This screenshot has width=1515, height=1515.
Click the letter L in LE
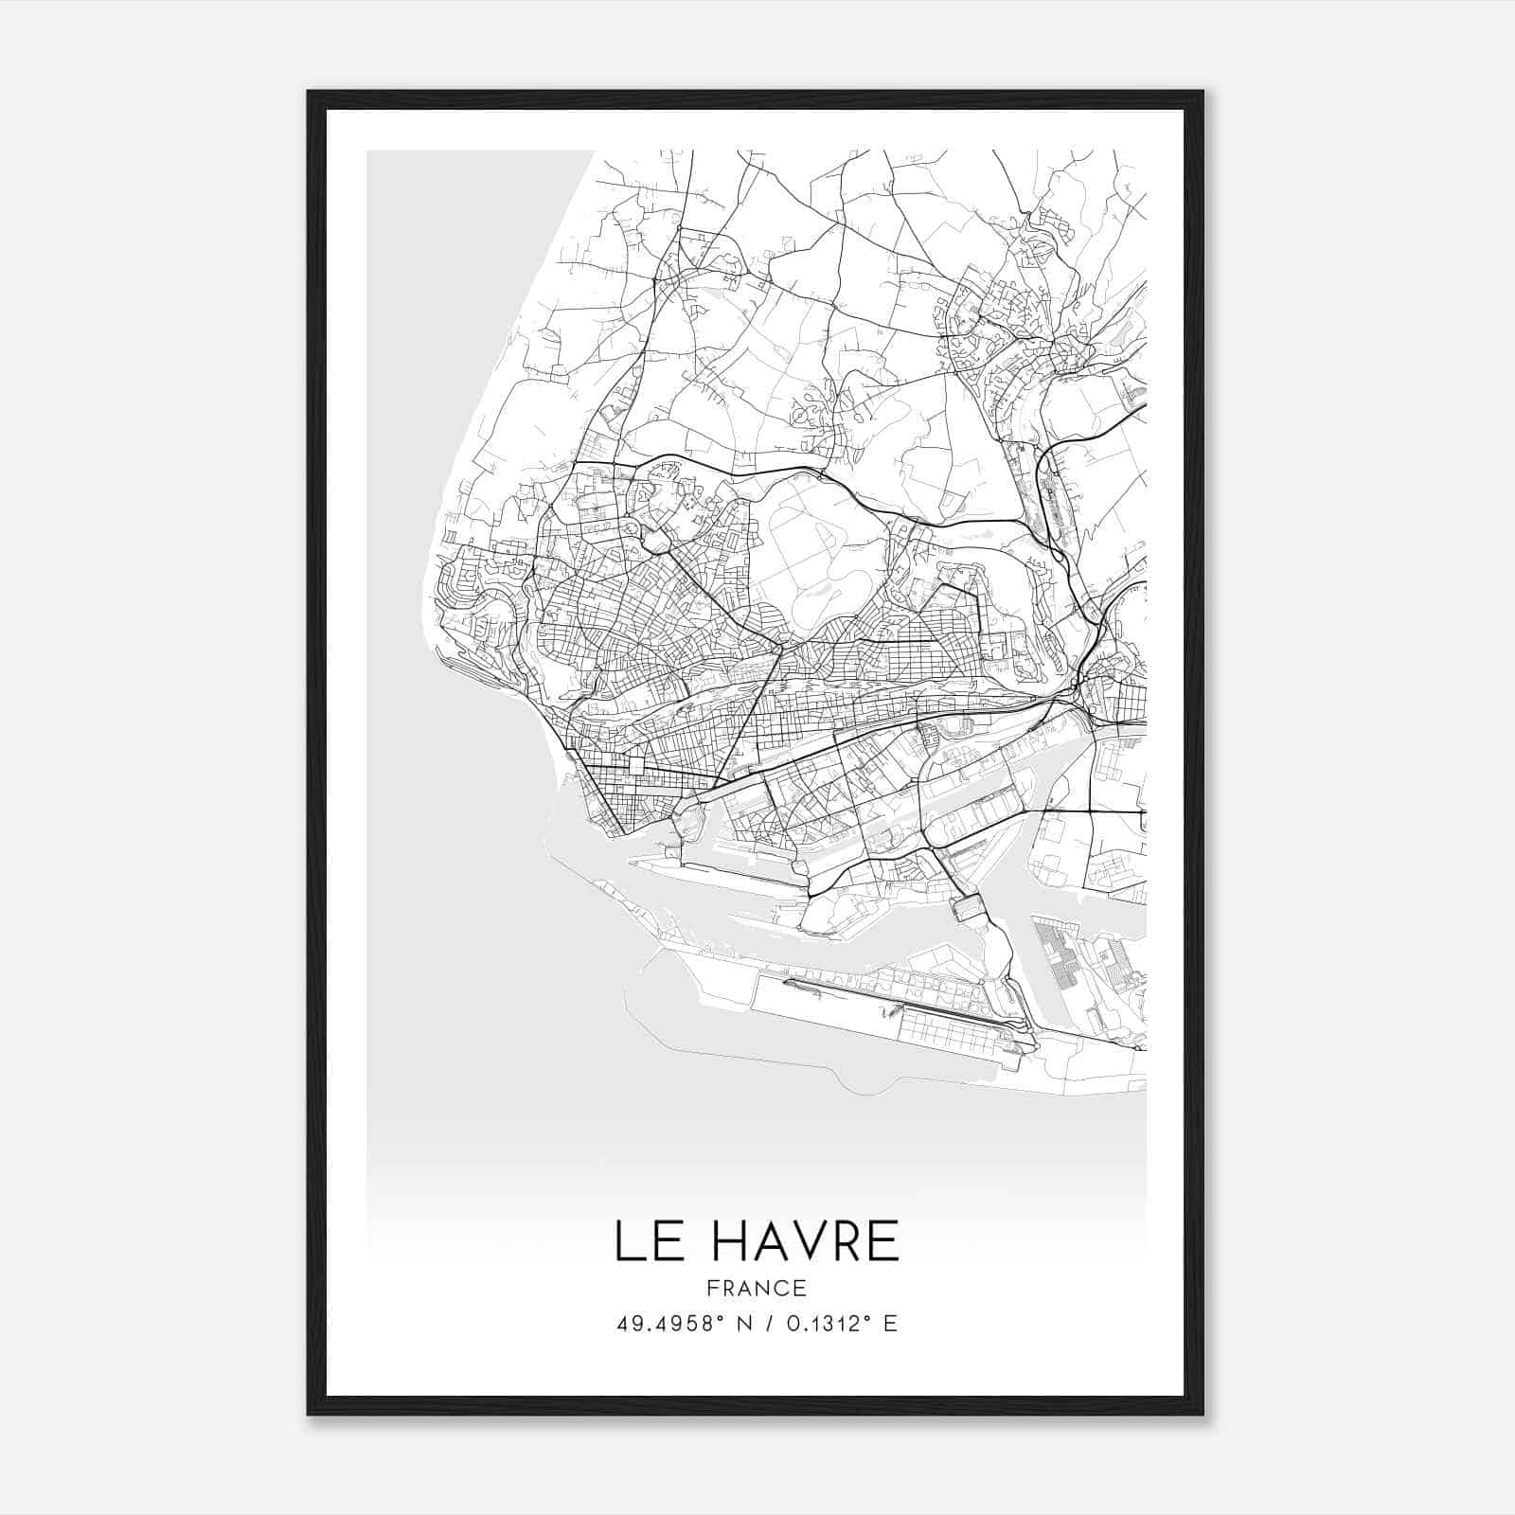click(x=628, y=1241)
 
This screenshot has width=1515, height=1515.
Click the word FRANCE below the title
click(x=757, y=1288)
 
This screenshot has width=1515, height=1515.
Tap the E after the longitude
click(x=889, y=1324)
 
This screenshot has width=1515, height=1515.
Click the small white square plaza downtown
click(x=634, y=764)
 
